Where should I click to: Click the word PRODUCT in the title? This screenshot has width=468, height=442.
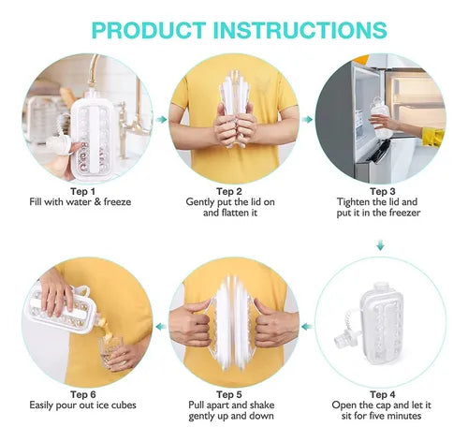(x=149, y=30)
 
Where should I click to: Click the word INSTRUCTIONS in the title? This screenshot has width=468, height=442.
(x=300, y=30)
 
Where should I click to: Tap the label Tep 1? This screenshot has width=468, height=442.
(x=82, y=191)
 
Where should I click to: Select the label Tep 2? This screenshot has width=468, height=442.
(x=229, y=191)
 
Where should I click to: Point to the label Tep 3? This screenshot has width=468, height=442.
(x=383, y=191)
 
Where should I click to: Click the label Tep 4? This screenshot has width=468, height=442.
(x=383, y=394)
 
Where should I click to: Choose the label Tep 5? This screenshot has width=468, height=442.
(x=229, y=394)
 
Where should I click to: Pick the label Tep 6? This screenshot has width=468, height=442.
(x=83, y=394)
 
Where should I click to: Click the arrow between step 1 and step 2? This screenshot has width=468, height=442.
(x=162, y=120)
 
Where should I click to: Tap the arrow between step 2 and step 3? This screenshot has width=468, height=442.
(x=308, y=120)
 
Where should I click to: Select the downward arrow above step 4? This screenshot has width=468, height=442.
(x=380, y=245)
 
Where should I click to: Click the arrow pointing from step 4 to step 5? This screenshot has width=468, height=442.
(x=308, y=327)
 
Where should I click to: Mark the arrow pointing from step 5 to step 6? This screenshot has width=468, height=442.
(x=161, y=327)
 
